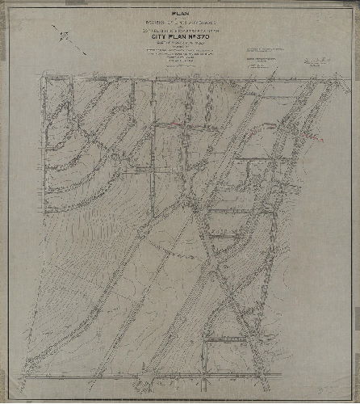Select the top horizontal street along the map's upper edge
178,77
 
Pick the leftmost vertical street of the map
45,226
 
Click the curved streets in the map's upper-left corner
69,137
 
